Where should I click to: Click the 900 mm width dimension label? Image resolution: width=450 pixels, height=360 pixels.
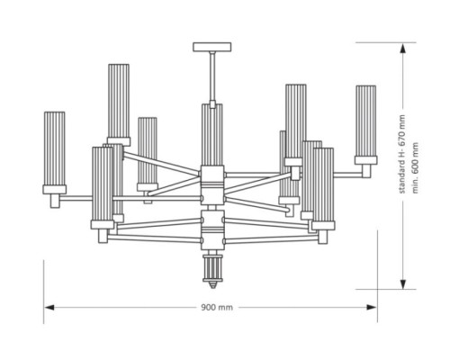coord(217,307)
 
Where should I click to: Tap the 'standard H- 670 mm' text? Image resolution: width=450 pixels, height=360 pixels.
coord(402,154)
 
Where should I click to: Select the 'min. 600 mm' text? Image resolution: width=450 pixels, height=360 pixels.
coord(415,167)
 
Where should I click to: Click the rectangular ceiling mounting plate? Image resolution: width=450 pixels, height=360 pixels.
coord(212,47)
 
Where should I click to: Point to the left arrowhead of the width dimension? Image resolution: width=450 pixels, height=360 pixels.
coord(49,308)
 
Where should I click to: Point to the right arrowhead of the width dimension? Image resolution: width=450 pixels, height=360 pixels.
coord(372,308)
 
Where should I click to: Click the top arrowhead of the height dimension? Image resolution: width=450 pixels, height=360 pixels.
coord(403,48)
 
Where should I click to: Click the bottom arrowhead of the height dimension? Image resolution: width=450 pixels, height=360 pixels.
coord(403,283)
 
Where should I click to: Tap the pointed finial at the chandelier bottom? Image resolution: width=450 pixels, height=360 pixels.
coord(212,284)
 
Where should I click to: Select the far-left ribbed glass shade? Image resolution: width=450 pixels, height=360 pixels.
coord(54,148)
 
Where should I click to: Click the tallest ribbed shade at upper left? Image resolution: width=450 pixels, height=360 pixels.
coord(119,101)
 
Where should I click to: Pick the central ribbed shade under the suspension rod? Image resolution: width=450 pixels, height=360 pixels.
coord(212,134)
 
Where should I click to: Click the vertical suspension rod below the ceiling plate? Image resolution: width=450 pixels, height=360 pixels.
coord(212,76)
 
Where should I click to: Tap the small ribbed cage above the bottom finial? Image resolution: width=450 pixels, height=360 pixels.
coord(212,267)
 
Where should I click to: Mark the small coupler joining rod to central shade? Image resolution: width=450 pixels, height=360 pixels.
coord(212,104)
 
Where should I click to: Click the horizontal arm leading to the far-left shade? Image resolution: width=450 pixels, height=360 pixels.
coord(76,198)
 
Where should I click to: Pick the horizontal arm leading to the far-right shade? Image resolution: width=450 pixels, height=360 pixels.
coord(347,174)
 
